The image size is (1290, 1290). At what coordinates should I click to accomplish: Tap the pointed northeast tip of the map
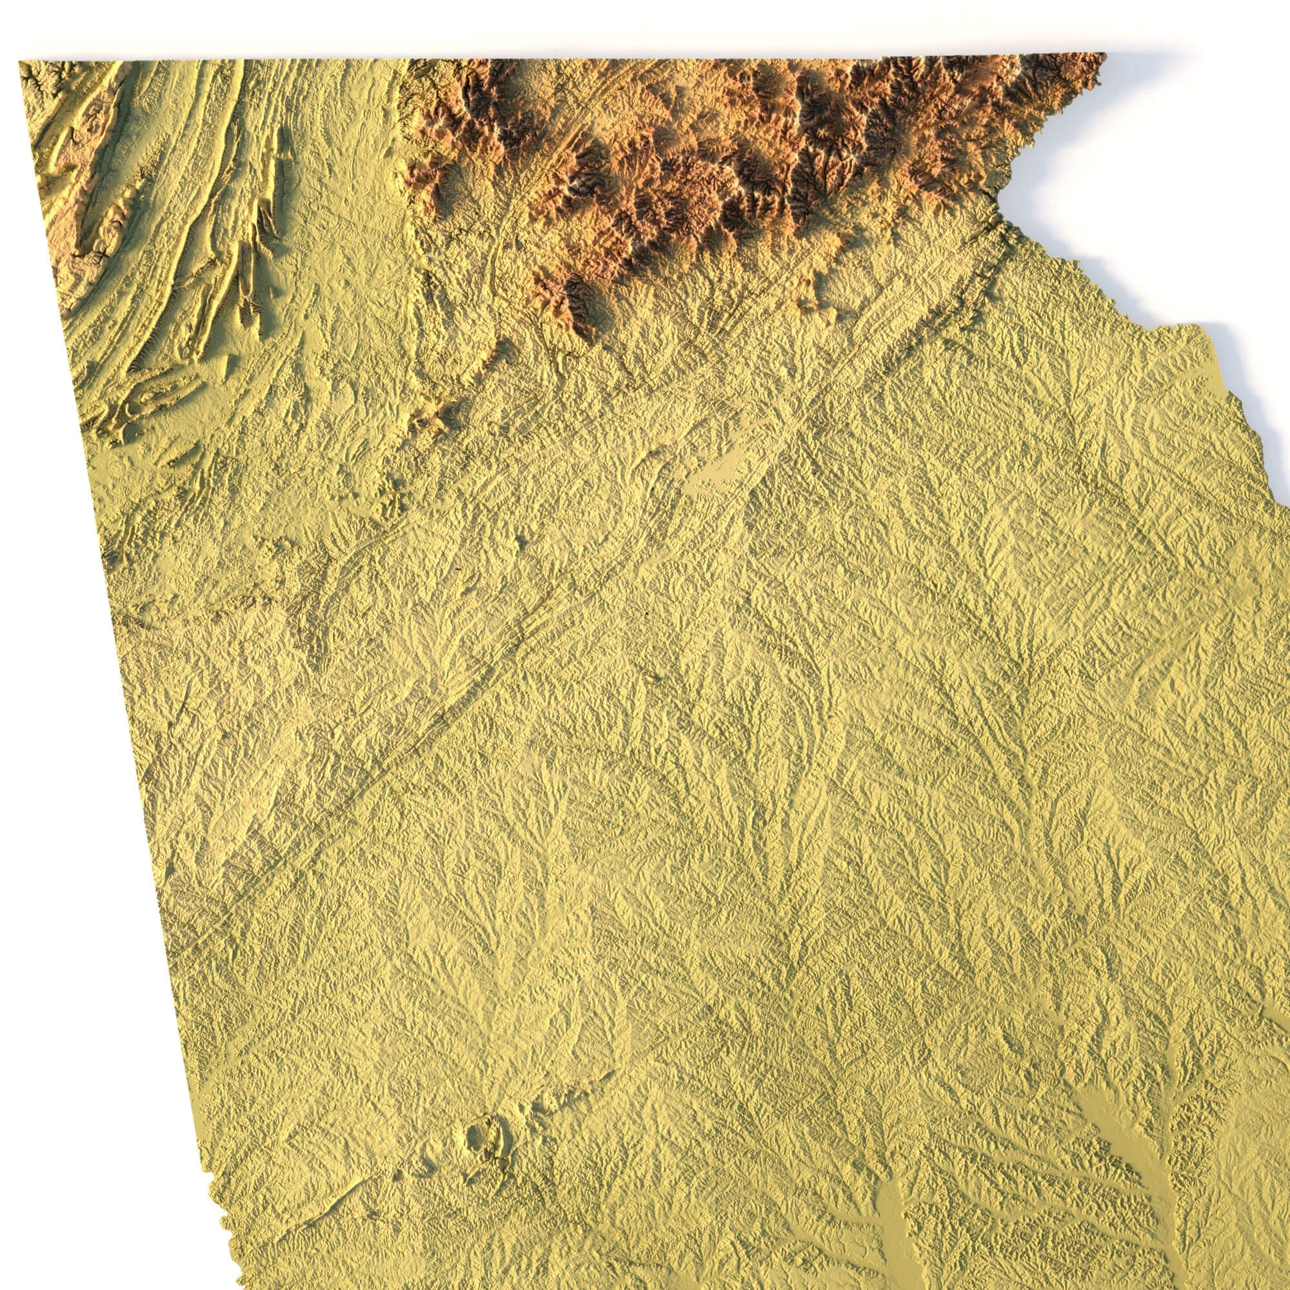(1104, 55)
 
